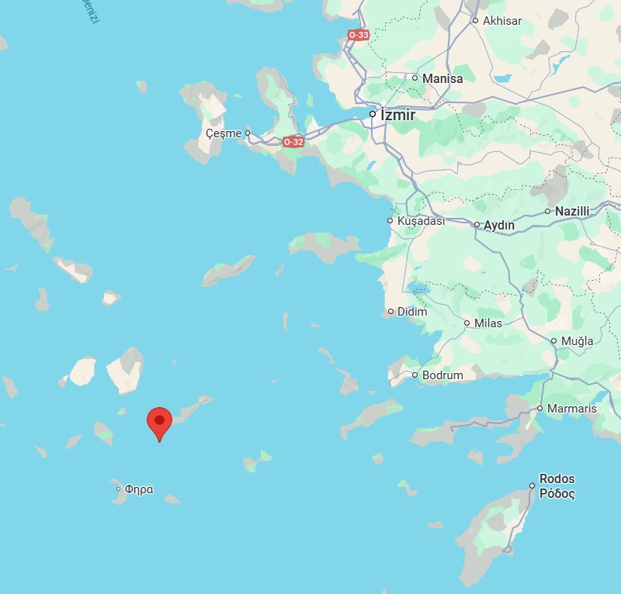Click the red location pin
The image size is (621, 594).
tap(159, 422)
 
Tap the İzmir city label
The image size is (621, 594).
tap(397, 115)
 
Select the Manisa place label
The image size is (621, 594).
tap(442, 78)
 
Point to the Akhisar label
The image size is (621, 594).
tap(502, 21)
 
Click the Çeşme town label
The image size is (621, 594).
tap(224, 133)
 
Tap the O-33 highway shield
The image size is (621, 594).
tap(359, 35)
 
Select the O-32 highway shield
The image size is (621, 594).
tap(293, 142)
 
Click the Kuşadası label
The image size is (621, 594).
tap(421, 221)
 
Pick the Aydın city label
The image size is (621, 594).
tap(499, 225)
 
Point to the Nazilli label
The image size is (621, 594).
tap(572, 211)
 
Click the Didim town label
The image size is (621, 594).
tap(412, 312)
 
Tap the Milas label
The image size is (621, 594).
tap(488, 323)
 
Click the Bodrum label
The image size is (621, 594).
tap(442, 375)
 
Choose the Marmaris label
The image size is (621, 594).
tap(572, 409)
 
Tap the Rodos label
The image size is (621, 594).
tap(557, 479)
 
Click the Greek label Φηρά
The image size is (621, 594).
tap(140, 489)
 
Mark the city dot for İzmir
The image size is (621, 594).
tap(373, 114)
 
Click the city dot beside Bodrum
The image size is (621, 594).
tap(415, 375)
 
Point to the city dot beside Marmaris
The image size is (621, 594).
tap(540, 409)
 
